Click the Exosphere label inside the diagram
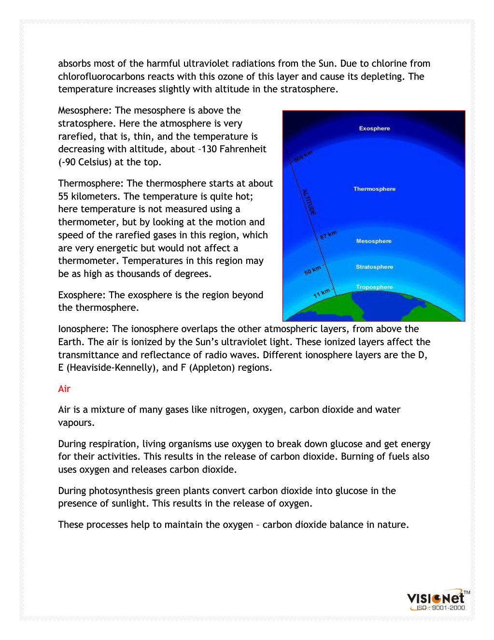374,129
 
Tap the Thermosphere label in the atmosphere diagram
374,189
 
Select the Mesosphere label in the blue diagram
374,241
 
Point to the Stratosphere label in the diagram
374,267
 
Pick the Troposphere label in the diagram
374,287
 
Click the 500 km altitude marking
303,156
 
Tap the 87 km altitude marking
328,235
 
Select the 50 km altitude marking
312,270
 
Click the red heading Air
64,389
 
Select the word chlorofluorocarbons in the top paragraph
105,77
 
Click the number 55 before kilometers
63,197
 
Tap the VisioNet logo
436,598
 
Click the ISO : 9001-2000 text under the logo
440,608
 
